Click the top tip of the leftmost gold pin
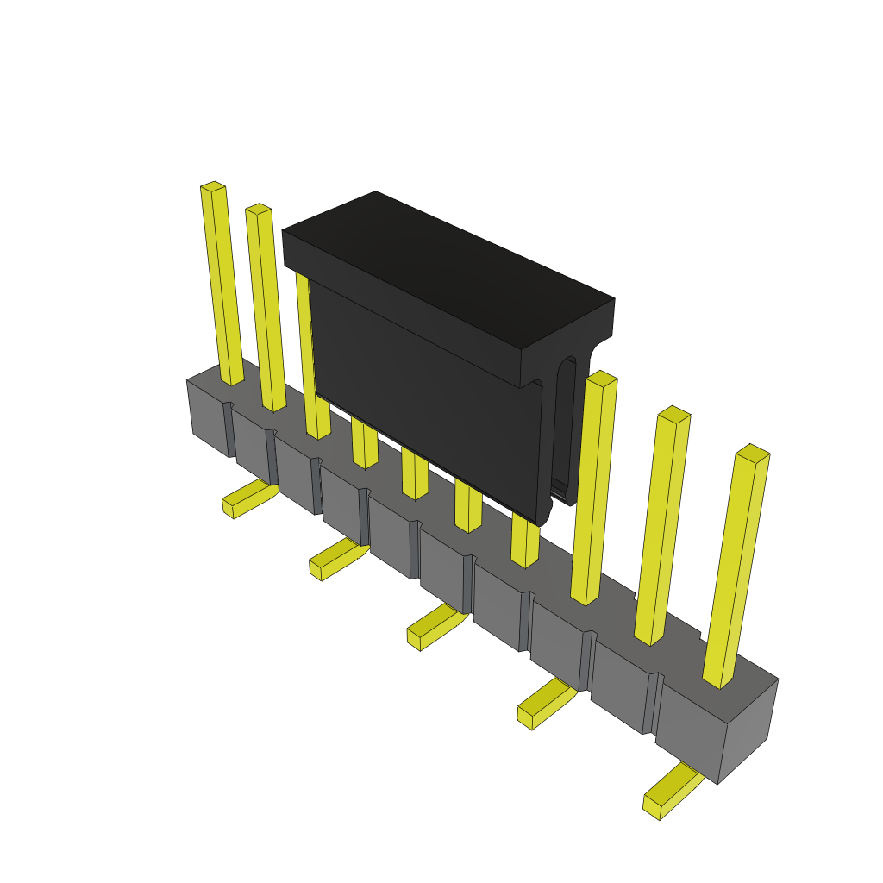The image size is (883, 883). (213, 186)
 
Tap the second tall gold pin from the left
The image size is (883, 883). (266, 310)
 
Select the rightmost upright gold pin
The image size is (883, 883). (736, 569)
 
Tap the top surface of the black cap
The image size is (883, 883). (448, 267)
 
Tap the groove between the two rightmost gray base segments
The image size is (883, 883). (652, 703)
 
